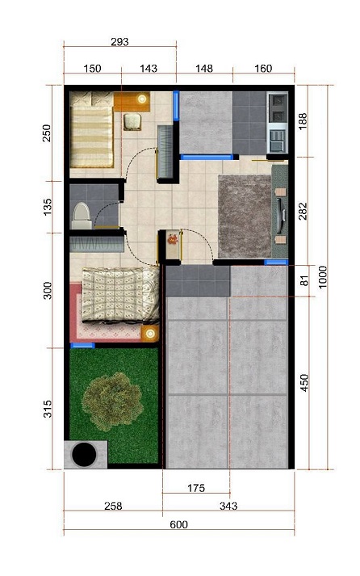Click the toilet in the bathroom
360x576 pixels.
tap(82, 217)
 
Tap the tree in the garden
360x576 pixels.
tap(112, 402)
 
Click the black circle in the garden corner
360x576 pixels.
tap(84, 454)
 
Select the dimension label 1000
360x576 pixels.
tap(322, 277)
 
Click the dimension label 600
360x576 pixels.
tap(178, 524)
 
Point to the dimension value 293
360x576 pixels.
tap(119, 42)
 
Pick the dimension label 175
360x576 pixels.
tap(196, 488)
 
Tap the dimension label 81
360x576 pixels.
tap(304, 280)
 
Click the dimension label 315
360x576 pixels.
tap(48, 409)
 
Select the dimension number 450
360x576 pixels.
tap(304, 382)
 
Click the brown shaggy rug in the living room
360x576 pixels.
tap(245, 216)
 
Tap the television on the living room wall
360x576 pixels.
tap(281, 216)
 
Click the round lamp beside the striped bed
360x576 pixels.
tap(142, 99)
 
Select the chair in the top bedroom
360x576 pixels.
tap(132, 122)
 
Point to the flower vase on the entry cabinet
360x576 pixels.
tap(173, 239)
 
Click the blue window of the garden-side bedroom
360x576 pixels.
tap(82, 345)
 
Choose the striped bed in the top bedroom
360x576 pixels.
tap(91, 129)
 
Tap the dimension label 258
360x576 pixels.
tap(113, 506)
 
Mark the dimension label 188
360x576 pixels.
tap(303, 121)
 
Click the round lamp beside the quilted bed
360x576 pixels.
tap(149, 334)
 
